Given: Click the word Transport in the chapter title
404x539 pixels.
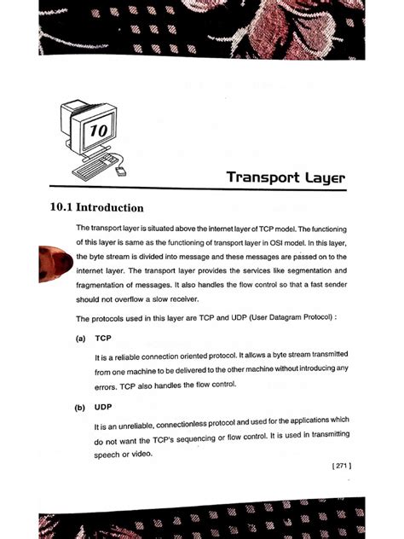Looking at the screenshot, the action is [260, 177].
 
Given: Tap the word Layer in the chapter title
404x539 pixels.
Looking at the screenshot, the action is [323, 177].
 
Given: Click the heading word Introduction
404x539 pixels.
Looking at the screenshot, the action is [110, 207].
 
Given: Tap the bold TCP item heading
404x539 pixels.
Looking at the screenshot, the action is [105, 338].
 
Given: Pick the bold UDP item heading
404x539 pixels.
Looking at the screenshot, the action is [105, 407].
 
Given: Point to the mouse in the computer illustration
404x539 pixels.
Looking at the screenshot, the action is [121, 171].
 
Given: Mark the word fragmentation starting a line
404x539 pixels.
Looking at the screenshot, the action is [106, 285].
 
